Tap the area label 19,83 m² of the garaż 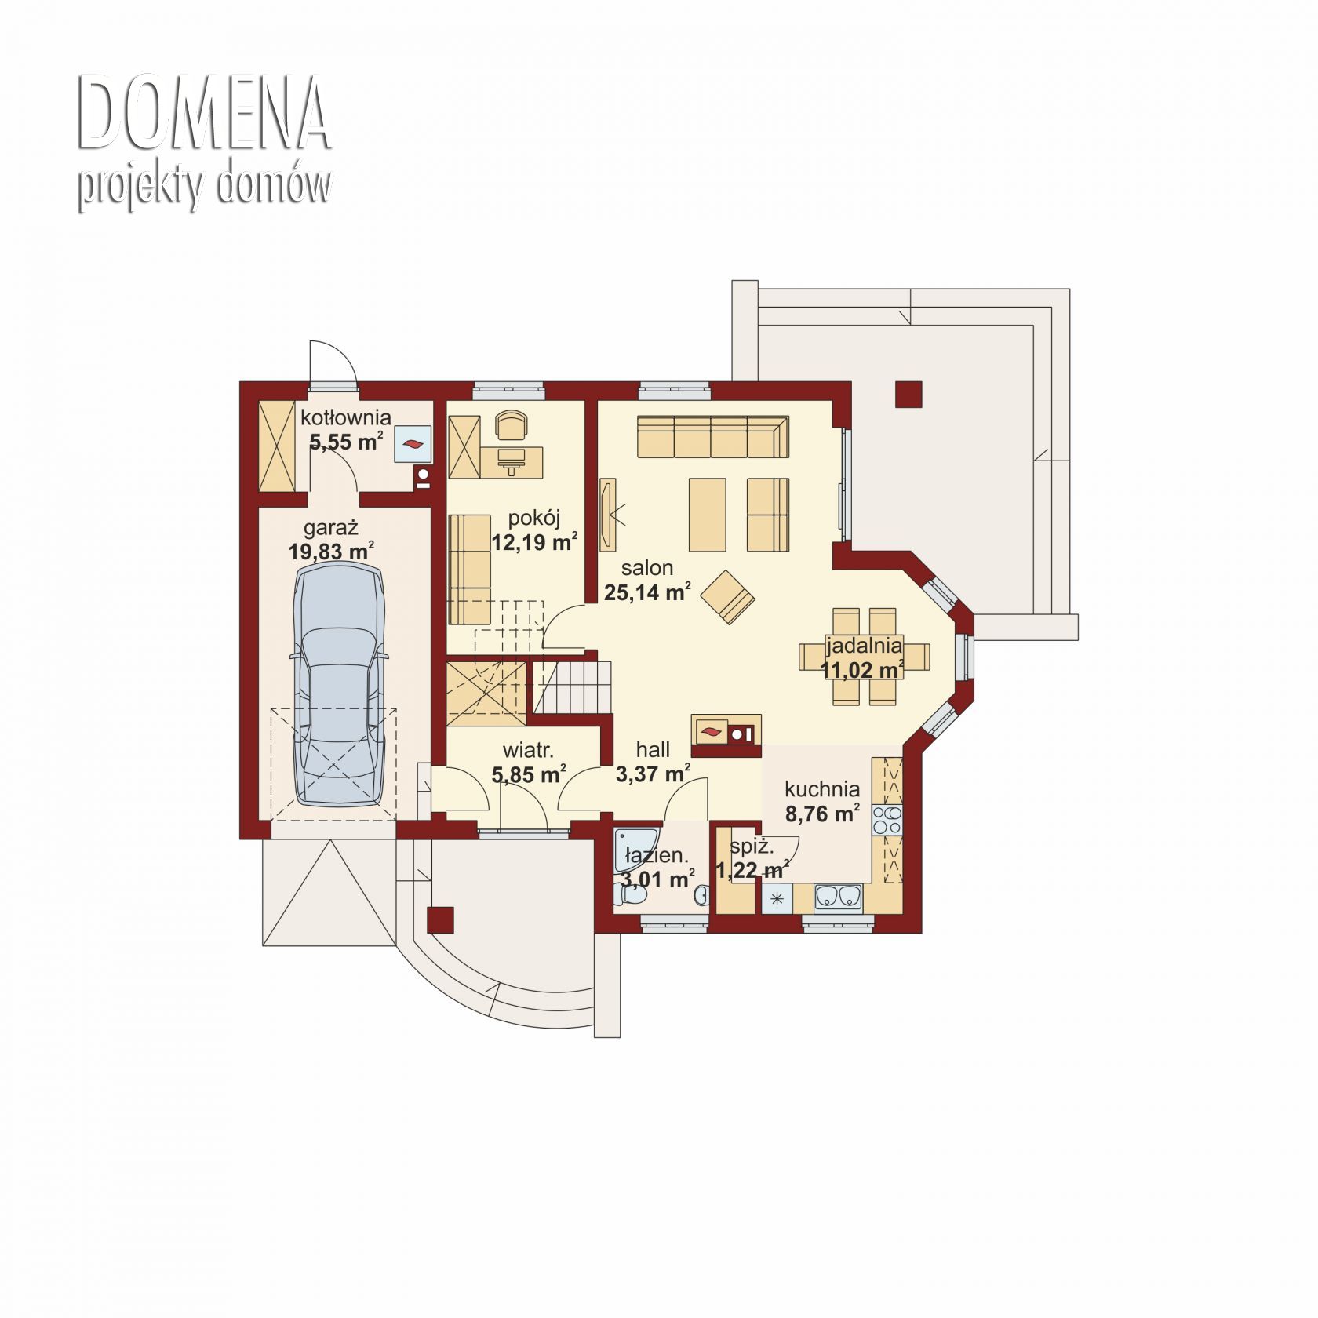pos(331,552)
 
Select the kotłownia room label pos(346,418)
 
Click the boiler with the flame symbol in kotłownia pos(413,445)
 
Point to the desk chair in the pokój pos(512,427)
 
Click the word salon pos(647,567)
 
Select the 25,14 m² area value pos(648,592)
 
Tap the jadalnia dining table pos(864,656)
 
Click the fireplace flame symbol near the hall pos(710,731)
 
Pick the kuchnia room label pos(822,789)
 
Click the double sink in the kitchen pos(839,896)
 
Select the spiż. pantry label pos(752,847)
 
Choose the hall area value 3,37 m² pos(654,774)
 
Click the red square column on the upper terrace pos(908,394)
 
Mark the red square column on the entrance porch pos(441,919)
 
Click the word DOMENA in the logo pos(202,115)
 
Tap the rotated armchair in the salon pos(728,596)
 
